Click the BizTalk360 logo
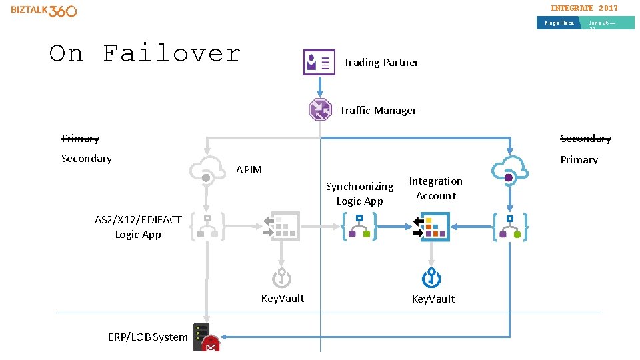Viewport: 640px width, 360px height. [44, 11]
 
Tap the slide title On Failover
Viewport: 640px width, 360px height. [145, 53]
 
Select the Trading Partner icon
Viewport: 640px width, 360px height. [319, 62]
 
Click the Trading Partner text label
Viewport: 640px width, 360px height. [381, 62]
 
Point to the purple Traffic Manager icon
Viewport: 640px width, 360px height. [320, 109]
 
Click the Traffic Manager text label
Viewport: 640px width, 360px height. [378, 111]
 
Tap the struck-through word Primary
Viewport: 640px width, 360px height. [80, 139]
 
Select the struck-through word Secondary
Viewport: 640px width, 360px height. [585, 139]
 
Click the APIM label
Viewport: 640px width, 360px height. [249, 170]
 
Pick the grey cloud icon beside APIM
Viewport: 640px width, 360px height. [207, 169]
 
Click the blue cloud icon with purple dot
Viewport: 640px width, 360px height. [509, 169]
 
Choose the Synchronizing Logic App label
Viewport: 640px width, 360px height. [359, 193]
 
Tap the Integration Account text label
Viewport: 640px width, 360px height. [435, 189]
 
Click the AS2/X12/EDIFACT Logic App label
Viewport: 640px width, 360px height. [138, 227]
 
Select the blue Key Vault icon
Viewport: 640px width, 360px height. [432, 277]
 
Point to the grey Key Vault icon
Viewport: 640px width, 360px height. [281, 277]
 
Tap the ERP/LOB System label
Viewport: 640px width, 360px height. [147, 337]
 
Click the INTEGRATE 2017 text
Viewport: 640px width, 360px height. [584, 8]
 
